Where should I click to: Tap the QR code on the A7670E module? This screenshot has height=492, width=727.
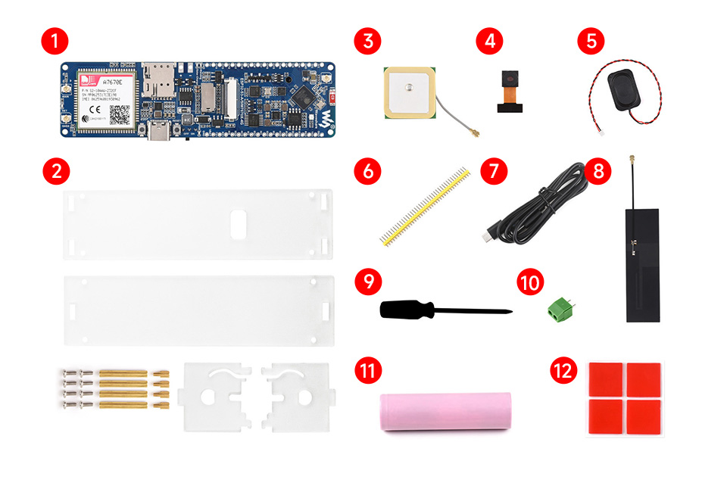120,115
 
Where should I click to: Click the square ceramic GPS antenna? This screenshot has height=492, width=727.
409,92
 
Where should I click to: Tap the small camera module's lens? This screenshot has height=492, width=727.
508,79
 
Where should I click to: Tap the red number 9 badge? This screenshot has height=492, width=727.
368,282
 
